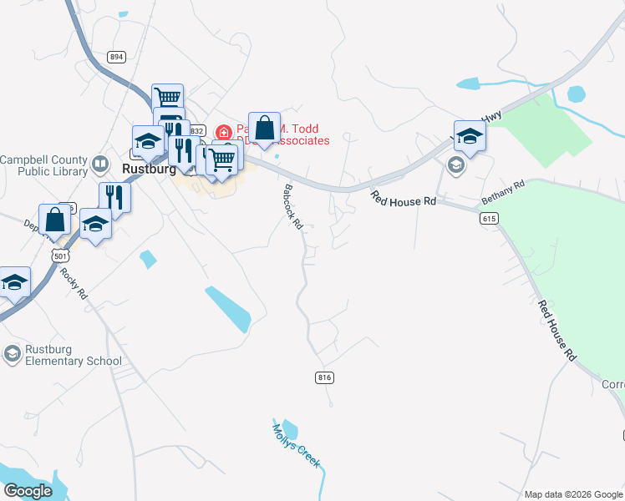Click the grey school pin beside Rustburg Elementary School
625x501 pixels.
[12, 355]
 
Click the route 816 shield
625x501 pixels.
[325, 378]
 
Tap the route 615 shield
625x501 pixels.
[490, 218]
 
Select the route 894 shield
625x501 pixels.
[116, 56]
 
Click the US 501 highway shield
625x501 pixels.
[58, 256]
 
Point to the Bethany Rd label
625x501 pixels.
[503, 195]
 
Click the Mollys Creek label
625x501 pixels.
[295, 446]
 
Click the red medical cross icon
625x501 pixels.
[223, 133]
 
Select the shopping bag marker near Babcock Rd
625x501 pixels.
[264, 129]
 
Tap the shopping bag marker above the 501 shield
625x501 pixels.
[54, 220]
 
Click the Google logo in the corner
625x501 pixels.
[28, 492]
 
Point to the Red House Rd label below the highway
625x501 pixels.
[404, 200]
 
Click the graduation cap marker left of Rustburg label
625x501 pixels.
[148, 142]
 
